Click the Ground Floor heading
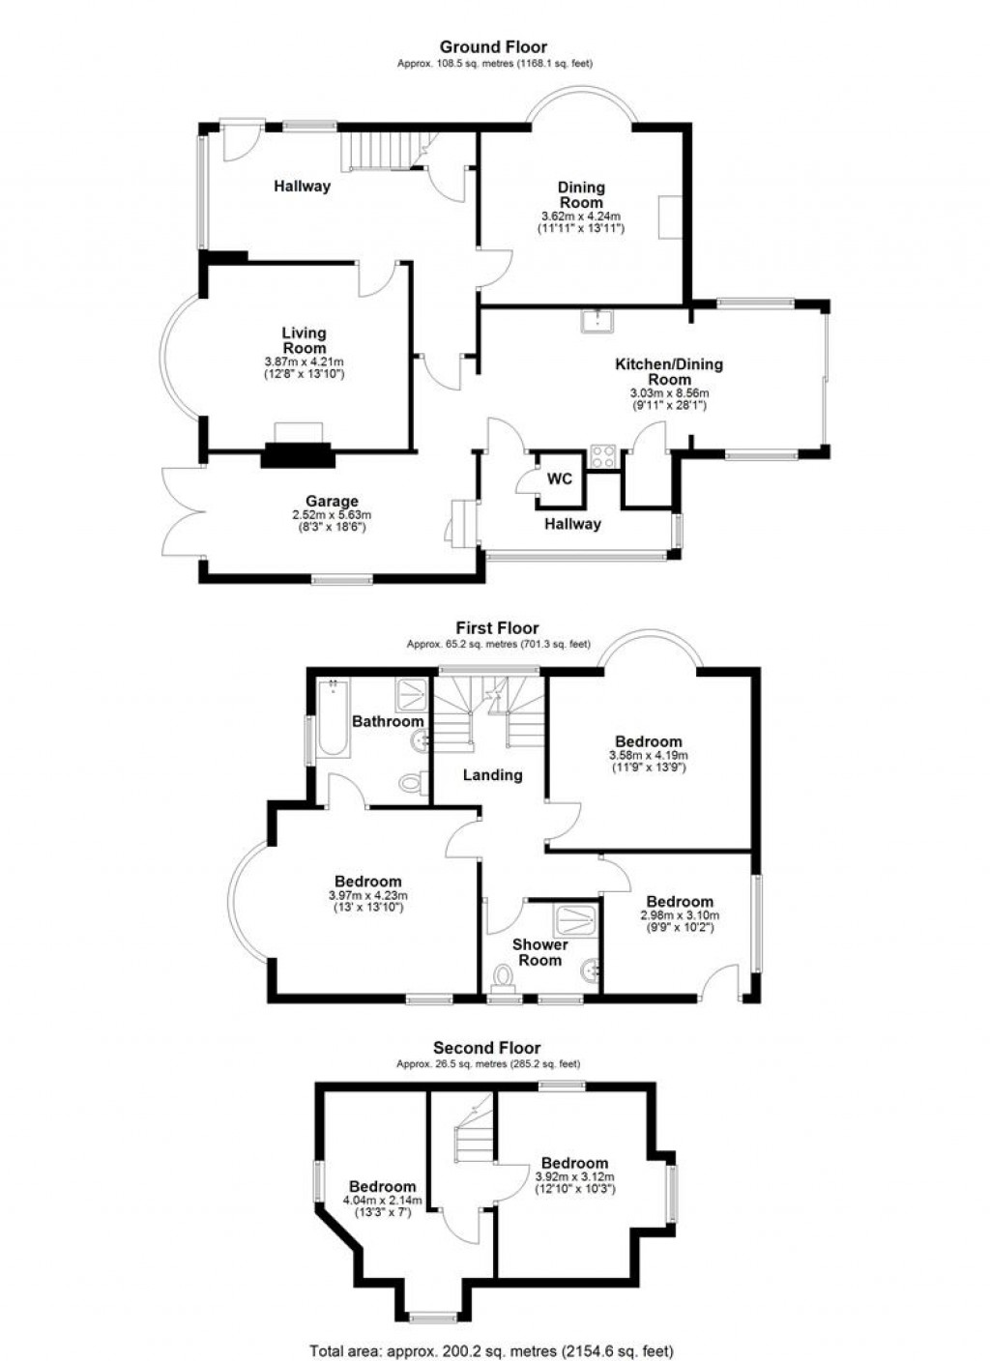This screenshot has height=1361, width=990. (493, 46)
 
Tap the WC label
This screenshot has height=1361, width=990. (559, 478)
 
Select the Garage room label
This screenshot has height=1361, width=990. (332, 502)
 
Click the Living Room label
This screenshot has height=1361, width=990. (304, 340)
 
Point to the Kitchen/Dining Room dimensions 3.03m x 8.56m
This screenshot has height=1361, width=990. (669, 393)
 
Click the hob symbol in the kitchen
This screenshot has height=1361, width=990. (603, 456)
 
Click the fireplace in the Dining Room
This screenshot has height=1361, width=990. (670, 217)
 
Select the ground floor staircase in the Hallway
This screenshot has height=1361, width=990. (381, 152)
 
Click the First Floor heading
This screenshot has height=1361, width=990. (497, 627)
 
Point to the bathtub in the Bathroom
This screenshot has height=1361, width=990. (333, 718)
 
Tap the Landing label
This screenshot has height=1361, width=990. (492, 774)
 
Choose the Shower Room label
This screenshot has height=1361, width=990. (539, 952)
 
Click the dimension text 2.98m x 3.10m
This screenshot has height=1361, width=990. (680, 915)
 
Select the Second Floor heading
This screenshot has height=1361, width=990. (487, 1048)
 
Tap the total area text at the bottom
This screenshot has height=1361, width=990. (492, 1350)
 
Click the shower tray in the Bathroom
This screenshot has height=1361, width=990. (412, 696)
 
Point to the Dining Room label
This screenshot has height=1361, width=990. (582, 194)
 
